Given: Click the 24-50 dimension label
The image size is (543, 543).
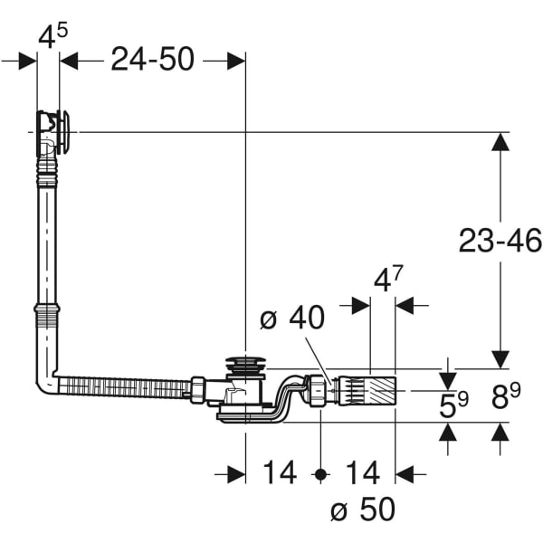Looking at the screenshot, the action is pyautogui.click(x=152, y=60).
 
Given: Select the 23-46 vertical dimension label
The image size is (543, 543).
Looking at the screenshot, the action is pyautogui.click(x=500, y=241).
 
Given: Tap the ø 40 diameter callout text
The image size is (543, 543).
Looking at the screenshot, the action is pyautogui.click(x=292, y=318).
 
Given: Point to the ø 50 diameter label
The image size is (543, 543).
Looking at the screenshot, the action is pyautogui.click(x=363, y=509).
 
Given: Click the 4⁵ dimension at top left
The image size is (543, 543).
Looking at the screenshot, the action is pyautogui.click(x=52, y=36).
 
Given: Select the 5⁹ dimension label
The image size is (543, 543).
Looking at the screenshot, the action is pyautogui.click(x=453, y=404).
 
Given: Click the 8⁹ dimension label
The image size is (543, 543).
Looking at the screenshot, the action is pyautogui.click(x=506, y=396).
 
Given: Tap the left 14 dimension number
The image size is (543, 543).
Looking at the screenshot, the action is pyautogui.click(x=280, y=472).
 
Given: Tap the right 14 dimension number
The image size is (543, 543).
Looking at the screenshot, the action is pyautogui.click(x=363, y=472).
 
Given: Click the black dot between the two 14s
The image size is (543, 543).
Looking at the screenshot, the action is pyautogui.click(x=320, y=474).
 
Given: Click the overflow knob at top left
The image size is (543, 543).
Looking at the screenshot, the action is pyautogui.click(x=64, y=132).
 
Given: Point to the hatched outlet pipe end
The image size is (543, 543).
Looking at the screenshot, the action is pyautogui.click(x=381, y=391).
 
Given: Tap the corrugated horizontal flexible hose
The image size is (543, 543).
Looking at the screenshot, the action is pyautogui.click(x=125, y=386).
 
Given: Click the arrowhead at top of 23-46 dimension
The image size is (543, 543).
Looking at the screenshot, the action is pyautogui.click(x=500, y=142).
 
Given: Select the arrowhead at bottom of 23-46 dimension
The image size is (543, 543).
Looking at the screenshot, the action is pyautogui.click(x=500, y=359).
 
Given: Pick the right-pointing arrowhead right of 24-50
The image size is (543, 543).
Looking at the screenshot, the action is pyautogui.click(x=236, y=61).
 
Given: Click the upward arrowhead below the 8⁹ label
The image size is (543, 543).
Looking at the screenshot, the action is pyautogui.click(x=500, y=432).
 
